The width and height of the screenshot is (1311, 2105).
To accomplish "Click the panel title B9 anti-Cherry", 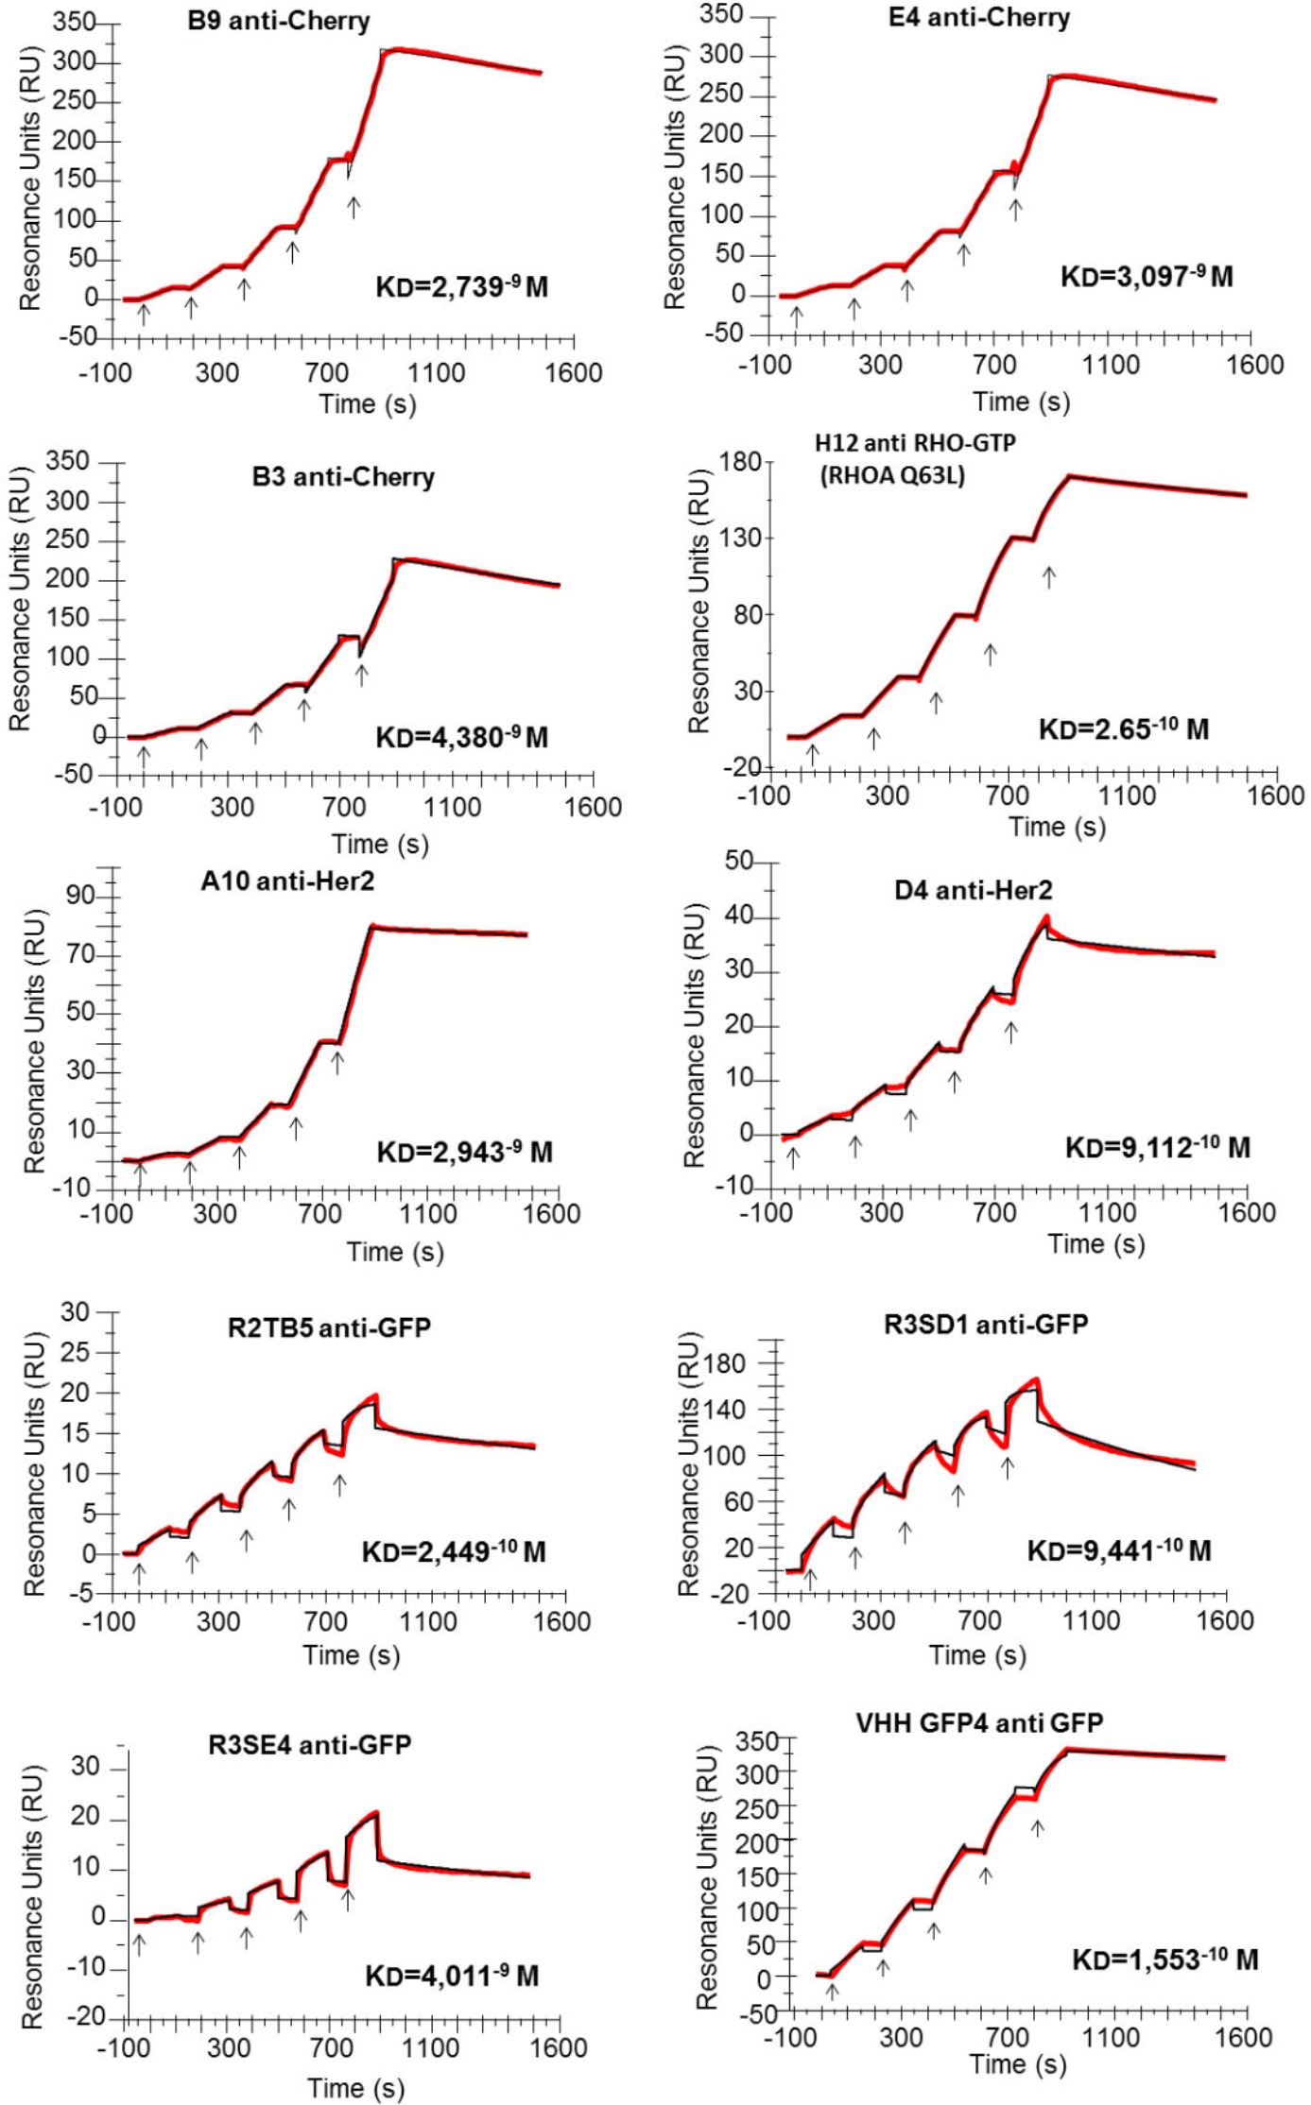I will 278,21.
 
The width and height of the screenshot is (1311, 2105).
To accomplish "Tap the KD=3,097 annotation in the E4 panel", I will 1147,277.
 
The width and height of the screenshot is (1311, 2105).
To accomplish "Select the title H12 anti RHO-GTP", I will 915,443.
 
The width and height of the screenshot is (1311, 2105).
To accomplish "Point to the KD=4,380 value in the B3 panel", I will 461,737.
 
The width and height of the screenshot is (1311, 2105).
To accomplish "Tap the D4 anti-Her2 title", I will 974,890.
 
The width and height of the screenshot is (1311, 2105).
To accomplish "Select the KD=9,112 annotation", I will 1157,1148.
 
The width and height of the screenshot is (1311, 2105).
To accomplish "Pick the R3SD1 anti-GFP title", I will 986,1324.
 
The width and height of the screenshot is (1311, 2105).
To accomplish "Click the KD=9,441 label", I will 1119,1550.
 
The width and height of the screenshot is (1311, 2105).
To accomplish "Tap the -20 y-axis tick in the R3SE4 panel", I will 89,2016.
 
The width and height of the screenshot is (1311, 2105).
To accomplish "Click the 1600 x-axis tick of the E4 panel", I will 1254,365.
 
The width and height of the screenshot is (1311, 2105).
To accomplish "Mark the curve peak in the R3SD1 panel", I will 1037,1380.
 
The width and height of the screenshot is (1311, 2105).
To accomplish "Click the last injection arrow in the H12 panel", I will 1049,576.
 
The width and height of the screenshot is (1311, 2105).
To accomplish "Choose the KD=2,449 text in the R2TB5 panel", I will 454,1551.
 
